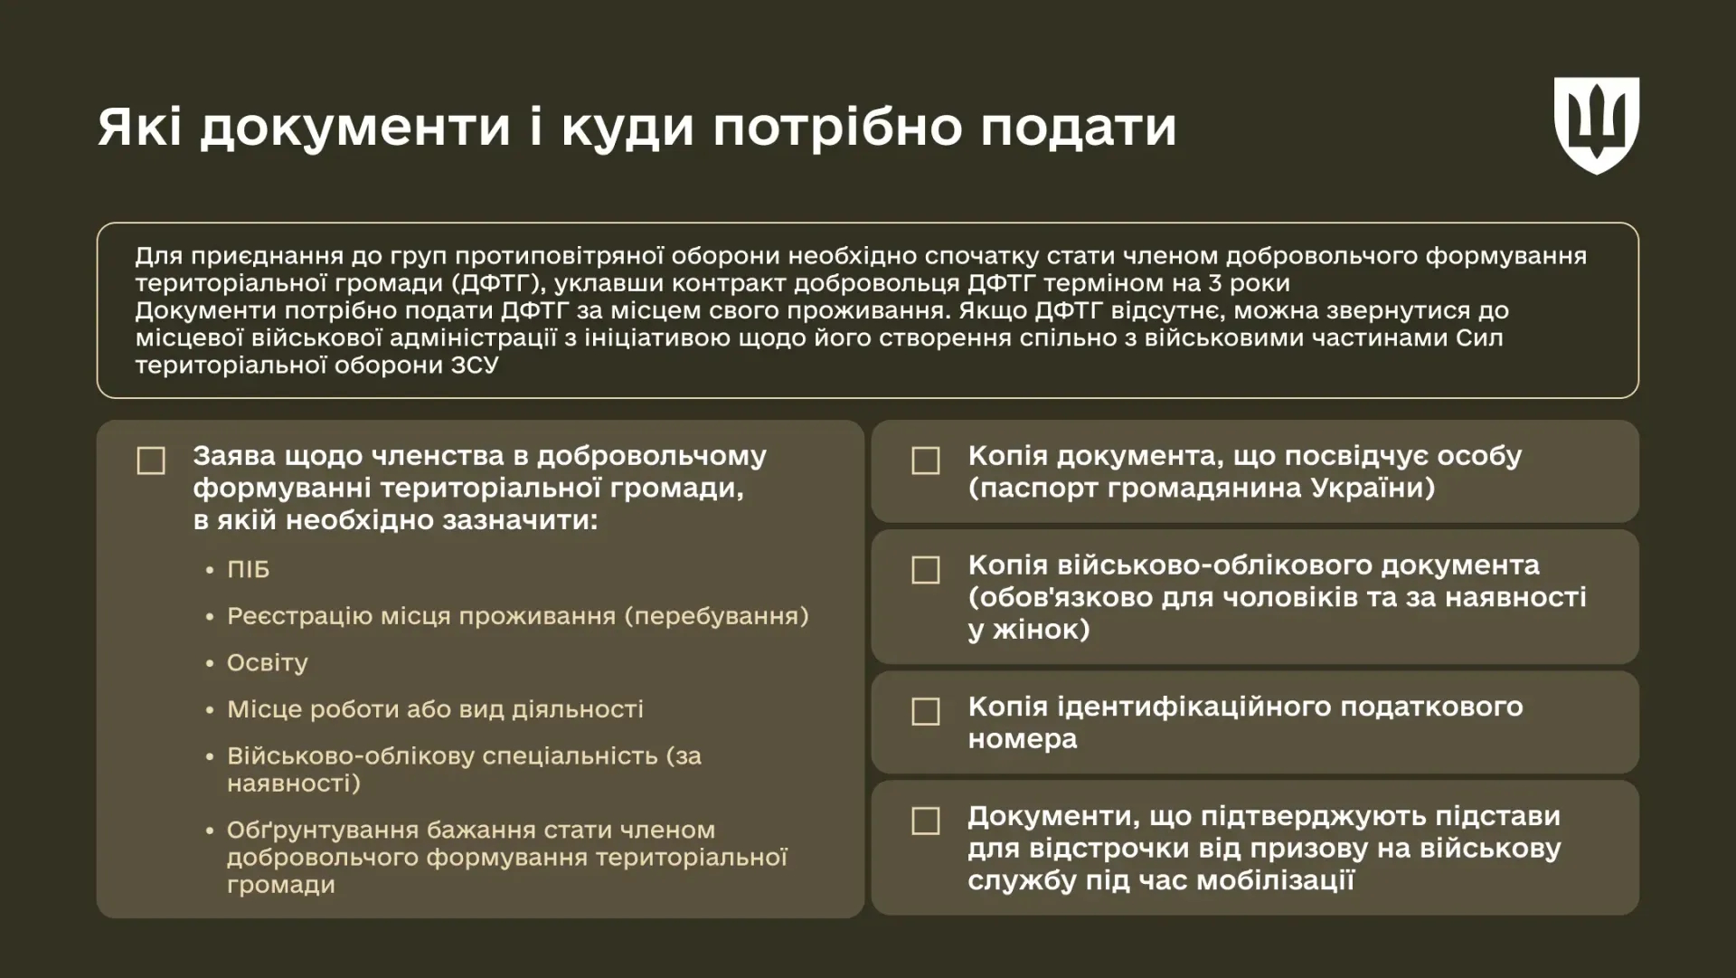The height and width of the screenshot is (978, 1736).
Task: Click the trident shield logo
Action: point(1596,125)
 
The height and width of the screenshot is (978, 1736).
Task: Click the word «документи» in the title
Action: point(354,127)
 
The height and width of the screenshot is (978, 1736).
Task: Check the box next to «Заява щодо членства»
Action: point(151,461)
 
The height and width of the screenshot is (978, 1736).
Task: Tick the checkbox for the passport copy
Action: point(926,461)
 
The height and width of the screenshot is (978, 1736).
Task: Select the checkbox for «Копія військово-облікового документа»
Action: point(926,570)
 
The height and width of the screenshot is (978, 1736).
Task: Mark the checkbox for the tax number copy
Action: point(926,711)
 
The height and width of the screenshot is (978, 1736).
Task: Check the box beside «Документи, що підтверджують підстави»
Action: point(926,821)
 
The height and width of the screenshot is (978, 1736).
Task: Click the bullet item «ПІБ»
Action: point(248,570)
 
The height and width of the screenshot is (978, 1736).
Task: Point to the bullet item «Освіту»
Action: point(268,663)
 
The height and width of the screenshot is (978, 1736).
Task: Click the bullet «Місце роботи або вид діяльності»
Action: point(435,709)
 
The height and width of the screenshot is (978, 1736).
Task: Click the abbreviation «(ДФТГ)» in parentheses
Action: point(498,283)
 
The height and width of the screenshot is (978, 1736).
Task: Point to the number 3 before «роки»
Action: point(1216,283)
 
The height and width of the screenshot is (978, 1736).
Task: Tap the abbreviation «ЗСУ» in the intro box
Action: point(475,365)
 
